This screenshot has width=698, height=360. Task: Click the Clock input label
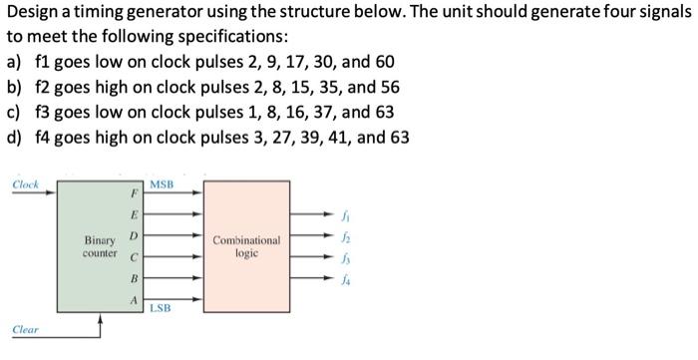[26, 184]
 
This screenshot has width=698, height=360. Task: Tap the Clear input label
[26, 328]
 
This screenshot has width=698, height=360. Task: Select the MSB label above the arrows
[160, 185]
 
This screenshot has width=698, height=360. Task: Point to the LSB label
[160, 308]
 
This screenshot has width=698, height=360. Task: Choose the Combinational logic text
[246, 246]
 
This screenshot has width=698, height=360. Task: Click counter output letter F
[135, 193]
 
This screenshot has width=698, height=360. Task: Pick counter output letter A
[135, 298]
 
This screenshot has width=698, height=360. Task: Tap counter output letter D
[135, 235]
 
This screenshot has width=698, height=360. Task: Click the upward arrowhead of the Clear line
[99, 318]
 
